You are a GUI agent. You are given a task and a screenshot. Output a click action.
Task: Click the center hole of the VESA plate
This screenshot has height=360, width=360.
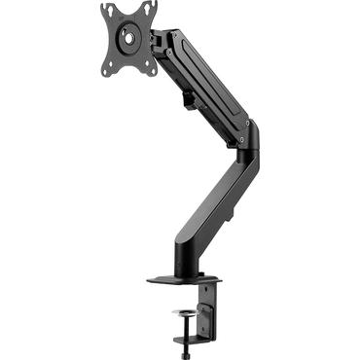point(127,38)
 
